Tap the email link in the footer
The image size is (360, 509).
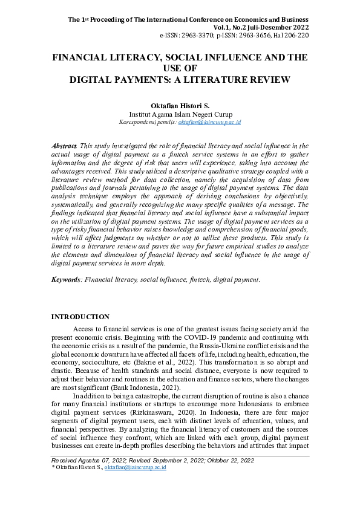coord(136,467)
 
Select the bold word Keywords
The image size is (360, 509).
coord(66,280)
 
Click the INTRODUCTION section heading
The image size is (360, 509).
coord(80,317)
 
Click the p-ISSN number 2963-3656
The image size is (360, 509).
coord(258,36)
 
